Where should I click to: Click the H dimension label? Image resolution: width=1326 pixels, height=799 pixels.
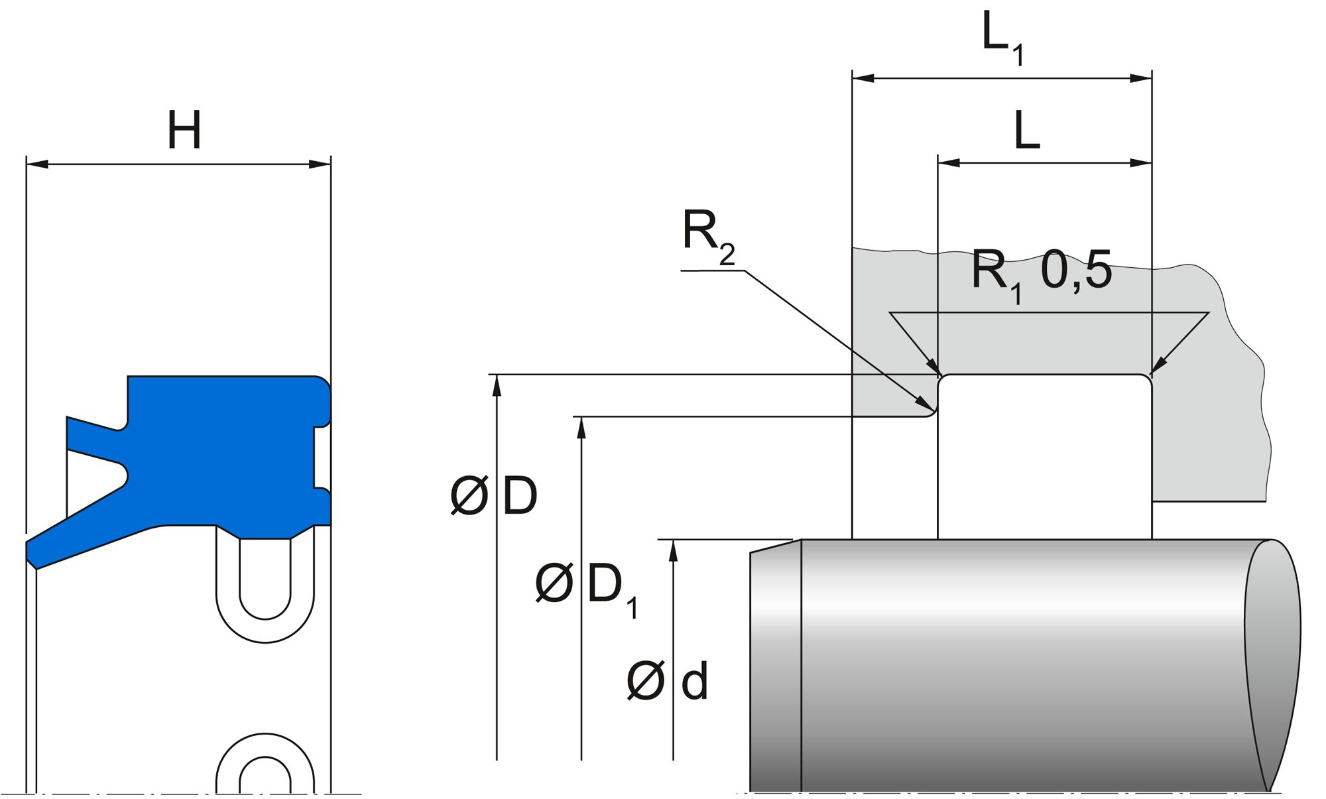184,131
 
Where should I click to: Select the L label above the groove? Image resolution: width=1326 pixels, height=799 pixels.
1027,131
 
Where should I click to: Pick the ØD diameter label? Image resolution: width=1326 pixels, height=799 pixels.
494,496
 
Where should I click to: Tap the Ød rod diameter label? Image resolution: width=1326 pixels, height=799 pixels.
667,681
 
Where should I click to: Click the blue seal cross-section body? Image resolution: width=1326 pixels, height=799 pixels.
219,451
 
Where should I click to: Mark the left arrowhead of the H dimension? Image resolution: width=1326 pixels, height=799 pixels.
36,164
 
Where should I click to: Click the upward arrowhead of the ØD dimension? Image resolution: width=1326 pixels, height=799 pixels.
497,385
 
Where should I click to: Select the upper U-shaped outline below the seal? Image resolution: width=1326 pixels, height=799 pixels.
265,590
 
